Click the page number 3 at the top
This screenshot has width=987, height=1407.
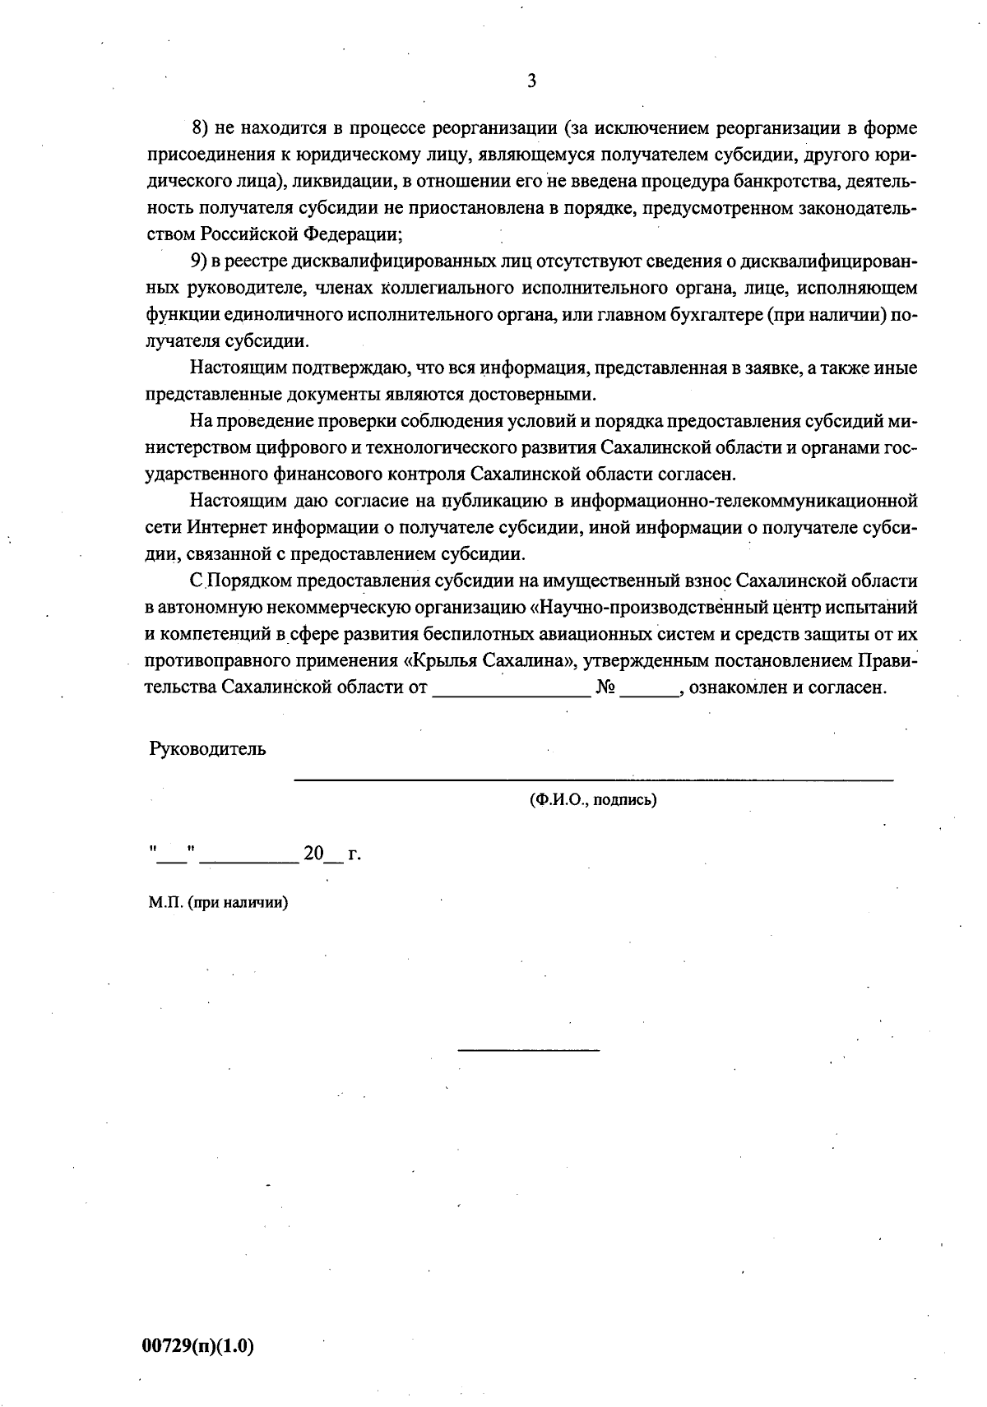click(531, 81)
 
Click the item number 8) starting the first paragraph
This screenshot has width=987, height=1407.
click(202, 128)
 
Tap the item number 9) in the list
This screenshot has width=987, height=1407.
click(202, 261)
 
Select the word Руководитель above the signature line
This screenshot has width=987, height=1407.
click(207, 749)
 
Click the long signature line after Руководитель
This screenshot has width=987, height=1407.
click(592, 778)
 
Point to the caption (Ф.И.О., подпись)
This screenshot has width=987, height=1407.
click(592, 799)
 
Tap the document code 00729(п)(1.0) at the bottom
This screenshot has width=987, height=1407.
click(198, 1346)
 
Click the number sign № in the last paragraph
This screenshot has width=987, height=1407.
click(606, 687)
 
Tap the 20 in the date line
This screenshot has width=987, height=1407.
click(313, 854)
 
